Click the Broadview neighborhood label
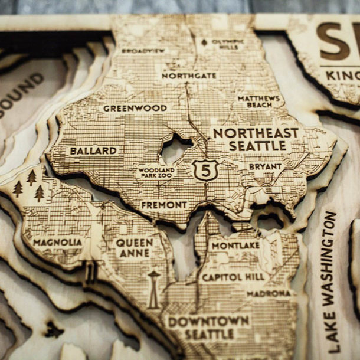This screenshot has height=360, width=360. tap(143, 51)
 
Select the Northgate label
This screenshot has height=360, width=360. tap(189, 76)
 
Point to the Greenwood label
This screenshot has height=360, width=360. tap(135, 108)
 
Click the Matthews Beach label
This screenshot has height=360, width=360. tap(259, 101)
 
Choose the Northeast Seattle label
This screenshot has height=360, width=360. tap(257, 139)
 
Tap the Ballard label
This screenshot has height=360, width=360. tap(93, 150)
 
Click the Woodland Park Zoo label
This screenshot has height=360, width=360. tap(156, 172)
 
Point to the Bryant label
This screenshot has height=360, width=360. tap(265, 167)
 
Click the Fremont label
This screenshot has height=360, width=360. tap(164, 205)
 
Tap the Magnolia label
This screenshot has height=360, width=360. tap(57, 242)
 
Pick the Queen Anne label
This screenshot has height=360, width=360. tap(135, 247)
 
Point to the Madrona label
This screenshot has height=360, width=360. tap(269, 293)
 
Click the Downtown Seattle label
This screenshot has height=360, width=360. tap(208, 327)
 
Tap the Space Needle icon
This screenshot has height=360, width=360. tap(153, 289)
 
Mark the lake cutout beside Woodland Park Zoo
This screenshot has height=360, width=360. tap(175, 149)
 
